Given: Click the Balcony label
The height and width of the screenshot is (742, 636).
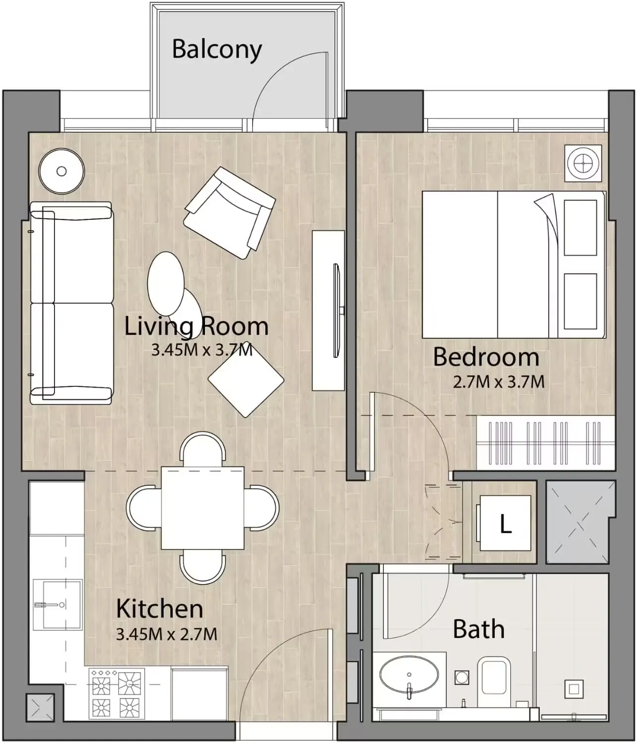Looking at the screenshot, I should pos(216,50).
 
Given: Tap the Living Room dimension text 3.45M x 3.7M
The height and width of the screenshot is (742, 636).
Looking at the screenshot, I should pos(202,350).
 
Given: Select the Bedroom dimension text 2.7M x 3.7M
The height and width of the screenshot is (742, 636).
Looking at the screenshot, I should pos(498,382).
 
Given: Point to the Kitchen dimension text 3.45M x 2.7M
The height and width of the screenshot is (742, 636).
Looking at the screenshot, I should pos(166,634).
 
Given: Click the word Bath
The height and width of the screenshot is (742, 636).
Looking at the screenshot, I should pos(478,629).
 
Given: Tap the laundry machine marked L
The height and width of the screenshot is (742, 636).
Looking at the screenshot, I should pos(504,524).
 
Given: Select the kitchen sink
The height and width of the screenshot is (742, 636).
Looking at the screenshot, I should pos(57,605).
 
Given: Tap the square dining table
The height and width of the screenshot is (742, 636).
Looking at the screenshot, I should pos(203,508).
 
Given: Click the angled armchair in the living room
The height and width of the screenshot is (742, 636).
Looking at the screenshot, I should pos(229,212).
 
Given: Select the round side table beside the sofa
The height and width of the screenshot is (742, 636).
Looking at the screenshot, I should pos(61,171).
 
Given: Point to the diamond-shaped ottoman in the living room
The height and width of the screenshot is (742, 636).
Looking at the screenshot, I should pos(246,379).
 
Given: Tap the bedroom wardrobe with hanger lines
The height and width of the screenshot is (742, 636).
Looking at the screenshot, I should pos(545,442).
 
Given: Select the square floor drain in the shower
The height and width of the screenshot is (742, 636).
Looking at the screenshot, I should pos(574,689).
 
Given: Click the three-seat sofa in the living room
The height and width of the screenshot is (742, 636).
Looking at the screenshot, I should pos(71,303).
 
